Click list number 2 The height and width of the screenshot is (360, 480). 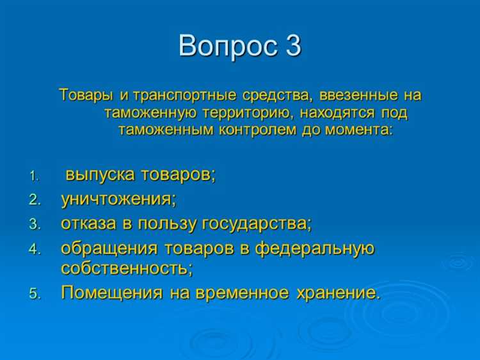coord(35,200)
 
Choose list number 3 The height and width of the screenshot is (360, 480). coord(35,224)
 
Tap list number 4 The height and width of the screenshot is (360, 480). coord(35,249)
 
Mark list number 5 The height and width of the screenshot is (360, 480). coord(35,294)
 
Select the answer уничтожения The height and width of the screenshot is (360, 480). coord(118,199)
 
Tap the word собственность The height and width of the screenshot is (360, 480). coord(126,268)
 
